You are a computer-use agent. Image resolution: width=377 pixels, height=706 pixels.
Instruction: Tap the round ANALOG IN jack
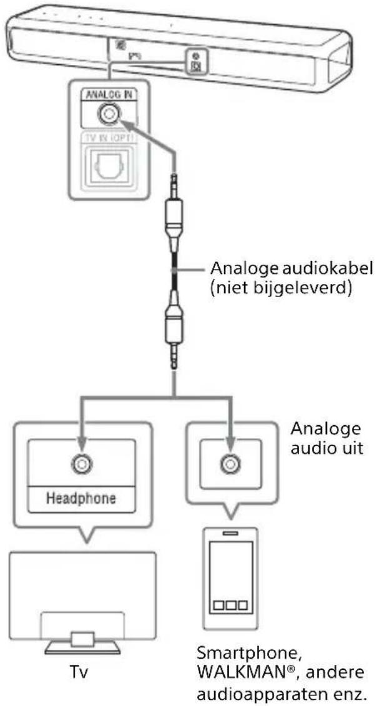[x=109, y=115]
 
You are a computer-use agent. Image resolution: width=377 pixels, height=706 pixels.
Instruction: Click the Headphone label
[x=82, y=499]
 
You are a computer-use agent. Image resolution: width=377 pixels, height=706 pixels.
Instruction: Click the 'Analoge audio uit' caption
[x=326, y=441]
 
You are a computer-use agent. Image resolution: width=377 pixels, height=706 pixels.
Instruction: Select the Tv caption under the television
[x=82, y=677]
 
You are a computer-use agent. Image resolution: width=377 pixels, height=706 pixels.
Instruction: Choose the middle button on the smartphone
[x=230, y=605]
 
